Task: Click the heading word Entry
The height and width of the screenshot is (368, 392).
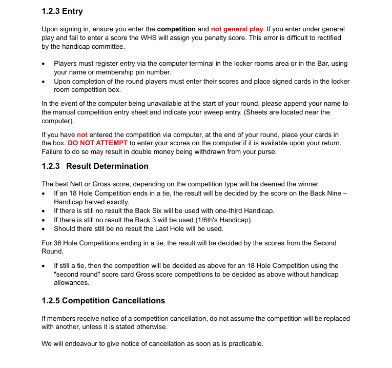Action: tap(72, 11)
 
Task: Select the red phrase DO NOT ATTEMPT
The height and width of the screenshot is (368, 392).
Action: tap(97, 143)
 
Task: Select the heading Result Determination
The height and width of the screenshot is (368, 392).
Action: tap(107, 166)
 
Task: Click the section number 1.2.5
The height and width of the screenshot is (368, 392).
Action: tap(51, 301)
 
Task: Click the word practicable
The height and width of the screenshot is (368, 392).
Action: tap(242, 344)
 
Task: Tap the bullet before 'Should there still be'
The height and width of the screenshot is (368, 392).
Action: tap(43, 229)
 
